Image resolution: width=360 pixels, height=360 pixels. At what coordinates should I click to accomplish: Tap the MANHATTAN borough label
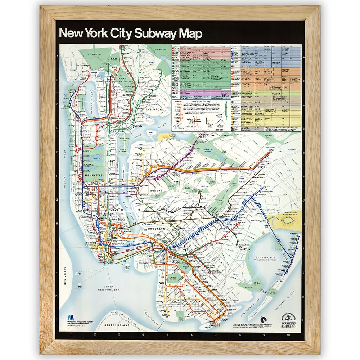coord(94,175)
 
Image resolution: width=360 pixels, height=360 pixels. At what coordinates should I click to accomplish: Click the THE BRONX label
coord(155,109)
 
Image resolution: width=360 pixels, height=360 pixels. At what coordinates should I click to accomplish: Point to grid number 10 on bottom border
coord(288,335)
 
